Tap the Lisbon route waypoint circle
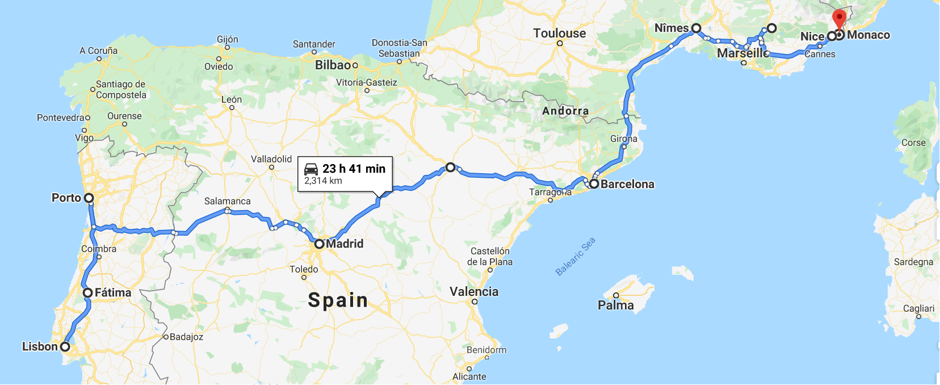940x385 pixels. pyautogui.click(x=65, y=346)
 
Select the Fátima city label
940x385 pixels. pyautogui.click(x=113, y=292)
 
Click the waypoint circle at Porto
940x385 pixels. pyautogui.click(x=89, y=198)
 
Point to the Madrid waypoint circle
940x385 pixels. pyautogui.click(x=319, y=244)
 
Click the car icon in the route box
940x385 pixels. pyautogui.click(x=311, y=169)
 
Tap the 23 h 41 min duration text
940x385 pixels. pyautogui.click(x=354, y=169)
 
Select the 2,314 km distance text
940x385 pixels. pyautogui.click(x=323, y=181)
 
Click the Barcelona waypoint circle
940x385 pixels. pyautogui.click(x=594, y=184)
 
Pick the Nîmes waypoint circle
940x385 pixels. pyautogui.click(x=696, y=28)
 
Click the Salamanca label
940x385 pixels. pyautogui.click(x=227, y=201)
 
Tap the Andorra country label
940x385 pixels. pyautogui.click(x=565, y=111)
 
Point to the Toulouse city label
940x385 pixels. pyautogui.click(x=559, y=33)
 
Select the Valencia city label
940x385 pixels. pyautogui.click(x=474, y=292)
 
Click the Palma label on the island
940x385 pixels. pyautogui.click(x=616, y=306)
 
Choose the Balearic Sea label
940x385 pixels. pyautogui.click(x=576, y=257)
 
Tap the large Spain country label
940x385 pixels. pyautogui.click(x=338, y=300)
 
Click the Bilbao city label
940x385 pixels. pyautogui.click(x=333, y=65)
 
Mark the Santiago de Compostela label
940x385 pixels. pyautogui.click(x=121, y=90)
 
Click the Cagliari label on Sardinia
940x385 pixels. pyautogui.click(x=918, y=308)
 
